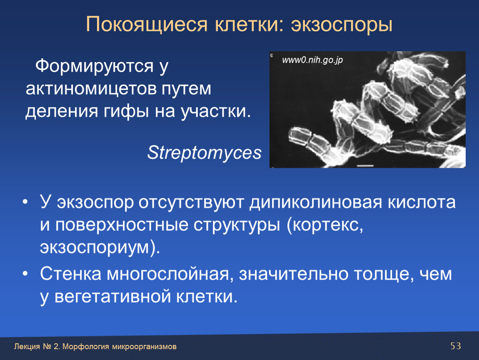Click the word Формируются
[x=95, y=66]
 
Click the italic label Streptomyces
[x=205, y=152]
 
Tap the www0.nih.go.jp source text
[x=312, y=60]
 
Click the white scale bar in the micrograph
[x=365, y=166]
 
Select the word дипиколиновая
[x=316, y=202]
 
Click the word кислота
[x=422, y=202]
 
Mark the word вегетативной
[x=112, y=296]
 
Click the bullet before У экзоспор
[x=25, y=202]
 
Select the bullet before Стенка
[x=25, y=274]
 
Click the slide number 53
[x=456, y=346]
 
